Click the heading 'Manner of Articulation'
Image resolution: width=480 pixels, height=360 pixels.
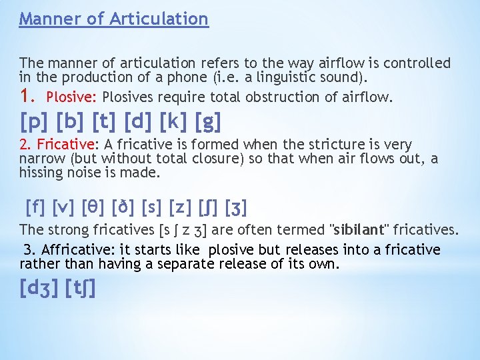tap(113, 19)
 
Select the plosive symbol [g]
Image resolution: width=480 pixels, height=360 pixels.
tap(208, 123)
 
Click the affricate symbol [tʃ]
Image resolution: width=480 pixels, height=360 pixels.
tap(81, 289)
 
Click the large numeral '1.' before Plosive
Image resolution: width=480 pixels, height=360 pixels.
tap(29, 96)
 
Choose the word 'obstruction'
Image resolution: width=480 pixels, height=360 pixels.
tap(283, 97)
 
